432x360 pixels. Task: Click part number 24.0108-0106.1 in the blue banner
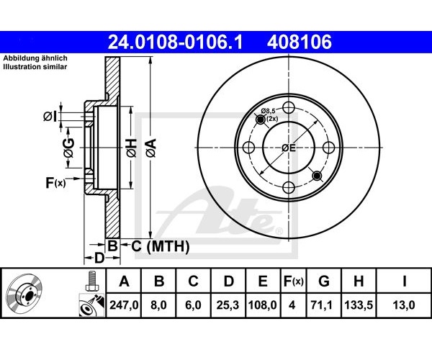click(x=175, y=42)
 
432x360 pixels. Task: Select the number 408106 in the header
click(x=300, y=42)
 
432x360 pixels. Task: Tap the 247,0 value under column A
click(x=124, y=305)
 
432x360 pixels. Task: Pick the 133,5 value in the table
click(x=359, y=305)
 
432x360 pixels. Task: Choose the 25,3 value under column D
click(x=228, y=305)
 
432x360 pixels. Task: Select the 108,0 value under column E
click(x=262, y=305)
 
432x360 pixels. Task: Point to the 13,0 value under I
click(x=404, y=305)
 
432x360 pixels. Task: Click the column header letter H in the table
click(x=359, y=282)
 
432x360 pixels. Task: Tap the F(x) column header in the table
click(x=294, y=282)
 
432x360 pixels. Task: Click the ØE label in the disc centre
click(x=289, y=148)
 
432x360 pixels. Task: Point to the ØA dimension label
click(x=151, y=148)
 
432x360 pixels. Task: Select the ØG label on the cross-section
click(x=68, y=148)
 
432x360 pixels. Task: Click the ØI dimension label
click(x=50, y=117)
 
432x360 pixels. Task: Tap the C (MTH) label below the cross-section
click(x=161, y=246)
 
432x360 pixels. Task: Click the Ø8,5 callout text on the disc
click(x=269, y=111)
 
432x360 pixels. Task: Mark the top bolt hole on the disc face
click(x=289, y=107)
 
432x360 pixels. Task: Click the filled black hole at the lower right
click(x=317, y=176)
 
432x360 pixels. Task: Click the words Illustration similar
click(x=35, y=67)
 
